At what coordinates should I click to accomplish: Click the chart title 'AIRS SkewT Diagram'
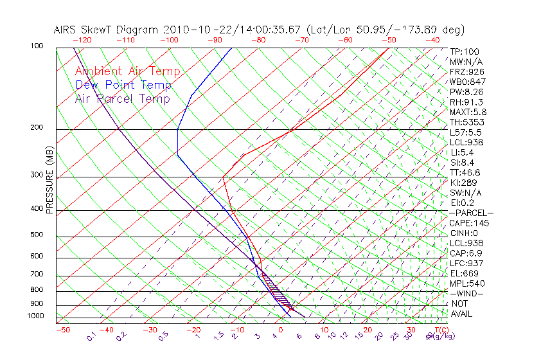[x=106, y=30]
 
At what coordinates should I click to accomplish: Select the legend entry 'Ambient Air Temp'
[x=127, y=71]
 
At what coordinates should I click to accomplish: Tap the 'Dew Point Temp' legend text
[x=123, y=85]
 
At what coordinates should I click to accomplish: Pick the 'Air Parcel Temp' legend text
[x=122, y=98]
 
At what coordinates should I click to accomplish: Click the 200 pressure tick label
[x=37, y=127]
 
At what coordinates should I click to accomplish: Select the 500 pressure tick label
[x=37, y=235]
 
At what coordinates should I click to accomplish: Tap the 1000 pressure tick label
[x=35, y=316]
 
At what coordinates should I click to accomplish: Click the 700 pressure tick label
[x=37, y=274]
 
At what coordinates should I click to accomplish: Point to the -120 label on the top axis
[x=81, y=40]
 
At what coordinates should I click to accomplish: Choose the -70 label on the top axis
[x=301, y=40]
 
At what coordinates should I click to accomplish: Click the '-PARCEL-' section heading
[x=471, y=213]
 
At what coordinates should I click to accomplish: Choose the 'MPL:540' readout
[x=467, y=283]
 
